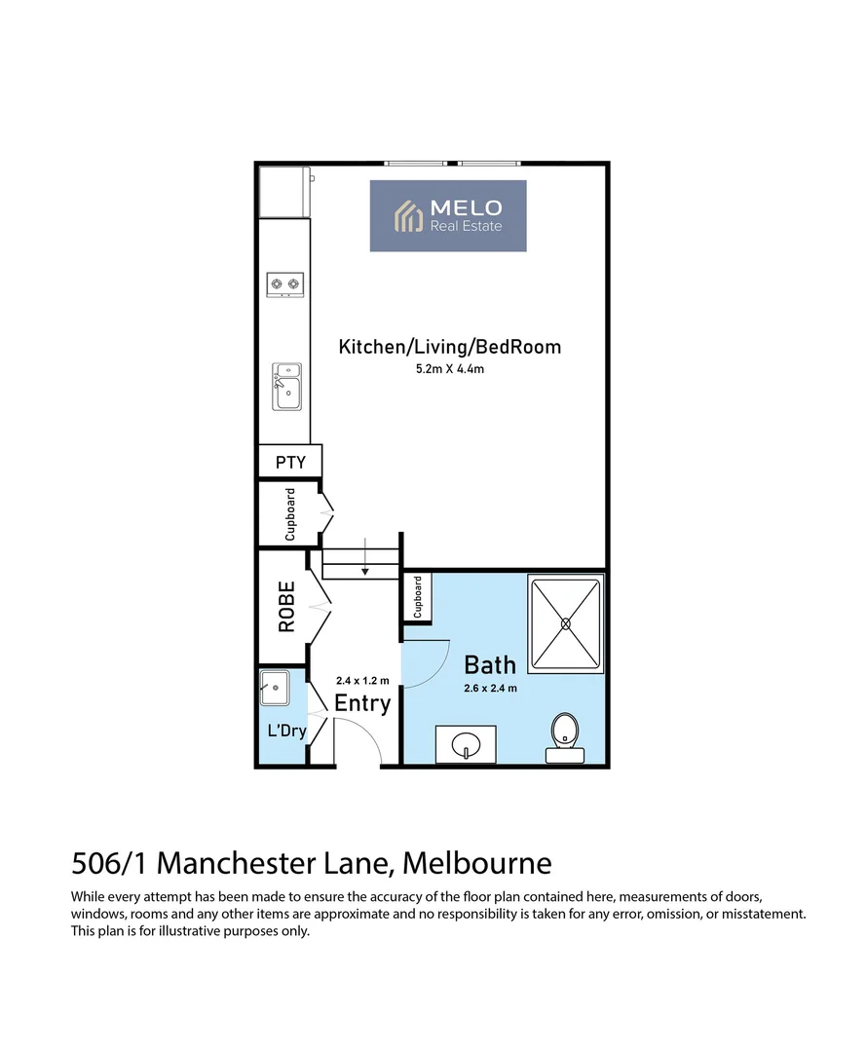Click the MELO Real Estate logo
[x=448, y=215]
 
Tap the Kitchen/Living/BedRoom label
[x=449, y=346]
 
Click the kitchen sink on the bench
[x=286, y=388]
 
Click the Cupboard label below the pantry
[x=289, y=514]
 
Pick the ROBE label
[x=286, y=607]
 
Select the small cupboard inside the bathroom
[x=417, y=597]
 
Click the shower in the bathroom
[x=565, y=623]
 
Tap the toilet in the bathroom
[x=564, y=735]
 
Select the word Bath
[x=489, y=665]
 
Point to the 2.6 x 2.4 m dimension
[x=490, y=688]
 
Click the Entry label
[x=362, y=703]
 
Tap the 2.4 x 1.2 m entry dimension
[x=362, y=681]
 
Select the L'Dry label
[x=286, y=730]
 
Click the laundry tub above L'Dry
[x=274, y=688]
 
